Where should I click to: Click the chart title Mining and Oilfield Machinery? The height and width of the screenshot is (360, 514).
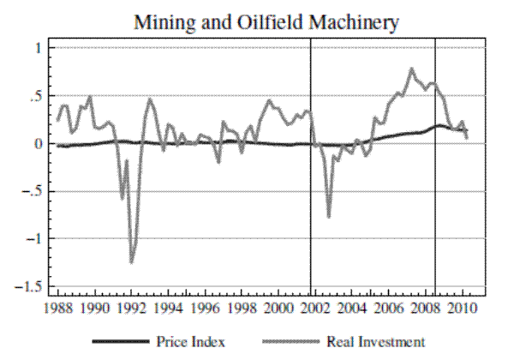266,22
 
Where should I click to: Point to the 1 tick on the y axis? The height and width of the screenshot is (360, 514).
38,49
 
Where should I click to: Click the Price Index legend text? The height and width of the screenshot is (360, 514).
190,341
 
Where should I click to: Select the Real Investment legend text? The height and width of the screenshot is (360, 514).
375,341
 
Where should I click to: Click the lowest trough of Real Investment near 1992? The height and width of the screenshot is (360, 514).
132,262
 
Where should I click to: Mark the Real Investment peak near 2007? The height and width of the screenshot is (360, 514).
412,69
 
